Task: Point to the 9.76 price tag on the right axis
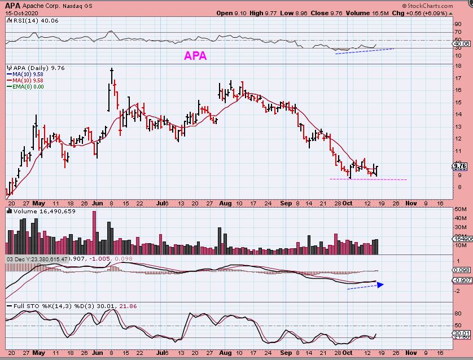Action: [460, 166]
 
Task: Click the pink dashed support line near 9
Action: [367, 179]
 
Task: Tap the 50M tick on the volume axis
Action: [461, 209]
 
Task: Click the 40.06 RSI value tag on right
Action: [461, 43]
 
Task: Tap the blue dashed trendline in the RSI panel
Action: [364, 51]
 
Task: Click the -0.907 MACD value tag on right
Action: [461, 280]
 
